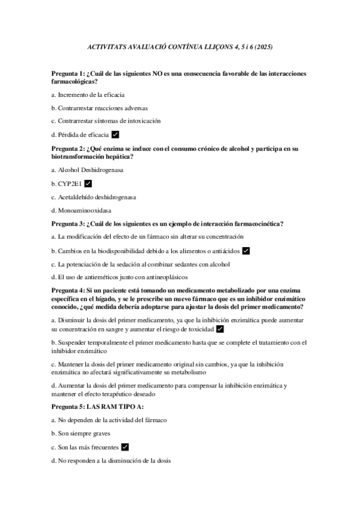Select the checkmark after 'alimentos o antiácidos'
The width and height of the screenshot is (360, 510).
tap(245, 250)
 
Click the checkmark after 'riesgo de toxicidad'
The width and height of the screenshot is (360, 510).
tap(220, 329)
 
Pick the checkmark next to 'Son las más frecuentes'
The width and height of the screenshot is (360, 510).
tap(125, 447)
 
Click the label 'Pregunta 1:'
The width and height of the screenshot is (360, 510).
tap(68, 73)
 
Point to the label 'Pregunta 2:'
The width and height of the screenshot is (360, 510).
tap(68, 148)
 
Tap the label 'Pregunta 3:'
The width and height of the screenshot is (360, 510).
tap(68, 223)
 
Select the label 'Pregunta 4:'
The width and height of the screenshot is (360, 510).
tap(68, 290)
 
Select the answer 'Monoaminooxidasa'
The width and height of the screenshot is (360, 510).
tap(84, 210)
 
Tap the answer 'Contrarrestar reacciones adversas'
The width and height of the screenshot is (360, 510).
tap(102, 108)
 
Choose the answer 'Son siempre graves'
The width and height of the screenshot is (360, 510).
tap(84, 434)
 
